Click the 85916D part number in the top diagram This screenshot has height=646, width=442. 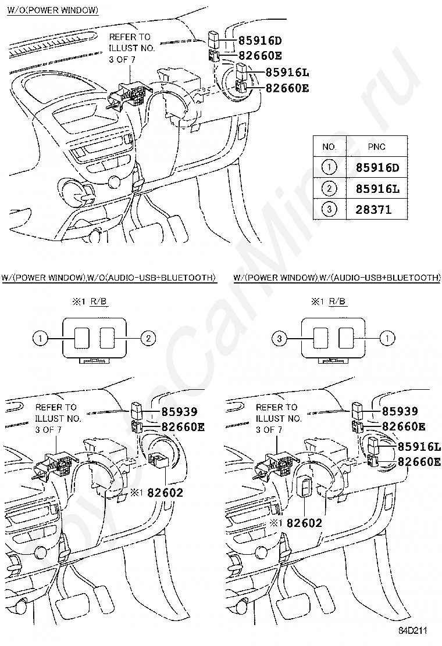coord(260,41)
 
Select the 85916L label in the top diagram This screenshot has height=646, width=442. coord(287,73)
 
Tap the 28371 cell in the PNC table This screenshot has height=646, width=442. coord(373,209)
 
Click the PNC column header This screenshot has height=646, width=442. coord(376,146)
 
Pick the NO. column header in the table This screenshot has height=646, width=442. coord(329,146)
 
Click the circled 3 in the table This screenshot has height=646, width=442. coord(329,209)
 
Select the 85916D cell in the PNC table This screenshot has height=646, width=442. coord(377,168)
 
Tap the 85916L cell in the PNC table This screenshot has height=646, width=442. coord(377,189)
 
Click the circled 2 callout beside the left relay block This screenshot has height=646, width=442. coord(148,339)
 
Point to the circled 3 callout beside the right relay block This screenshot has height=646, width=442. coord(280,339)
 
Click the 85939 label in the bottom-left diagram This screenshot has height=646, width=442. coord(179,411)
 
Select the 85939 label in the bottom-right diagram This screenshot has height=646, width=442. coord(400,411)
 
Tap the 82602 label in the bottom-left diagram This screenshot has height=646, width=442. coord(165,492)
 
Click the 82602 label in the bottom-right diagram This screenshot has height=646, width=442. coord(304,523)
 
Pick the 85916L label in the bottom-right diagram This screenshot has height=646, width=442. coord(419,447)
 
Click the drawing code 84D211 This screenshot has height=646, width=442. coord(412,630)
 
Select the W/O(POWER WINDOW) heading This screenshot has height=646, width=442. coord(53,10)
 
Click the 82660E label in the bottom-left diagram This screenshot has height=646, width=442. coord(183,427)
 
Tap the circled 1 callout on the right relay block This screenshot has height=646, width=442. coord(387,339)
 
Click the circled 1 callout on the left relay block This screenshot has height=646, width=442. coord(40,339)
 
